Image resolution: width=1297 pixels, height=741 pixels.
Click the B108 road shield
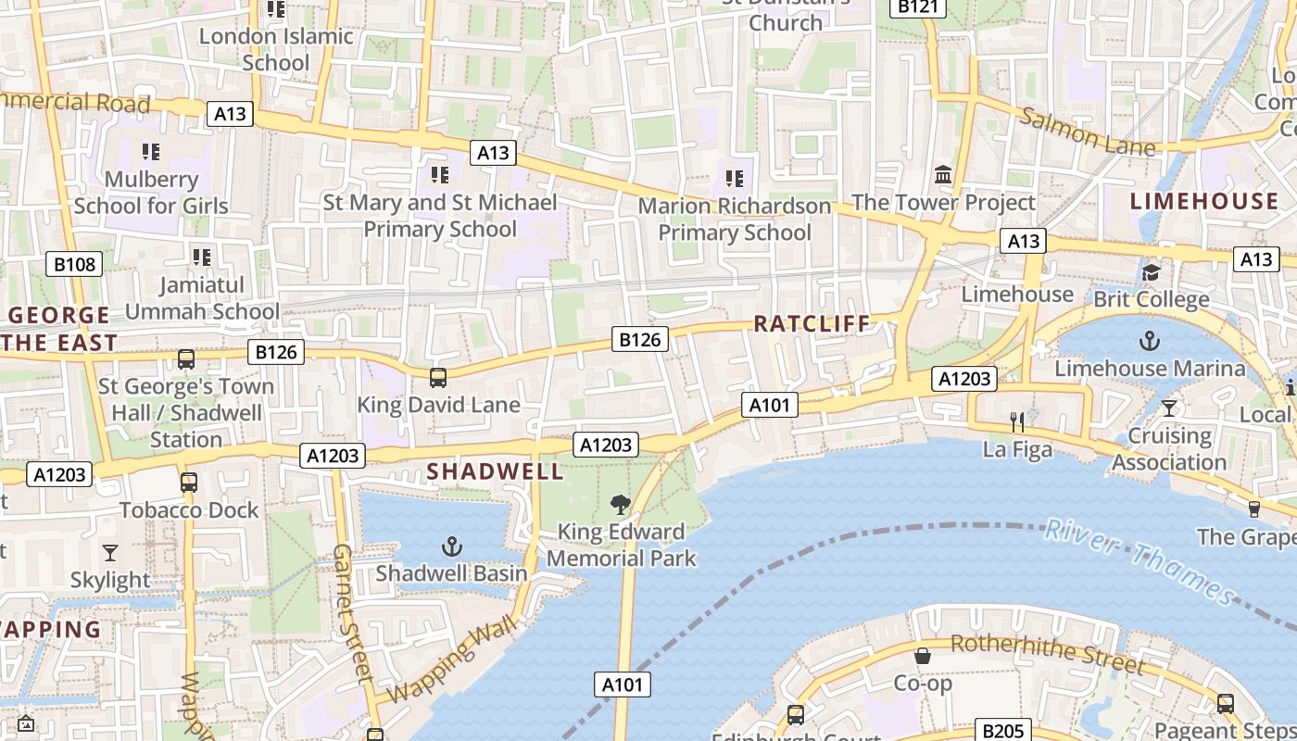coord(74,265)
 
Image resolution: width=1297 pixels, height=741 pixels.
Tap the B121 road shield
coord(918,7)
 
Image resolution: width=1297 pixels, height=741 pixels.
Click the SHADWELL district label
coord(495,471)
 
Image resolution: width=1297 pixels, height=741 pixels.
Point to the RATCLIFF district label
coord(812,323)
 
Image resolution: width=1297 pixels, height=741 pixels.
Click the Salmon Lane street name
coord(1088,132)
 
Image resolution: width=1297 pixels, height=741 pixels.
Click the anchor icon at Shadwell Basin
coord(452,546)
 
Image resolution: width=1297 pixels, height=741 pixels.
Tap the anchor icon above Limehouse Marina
coord(1149,340)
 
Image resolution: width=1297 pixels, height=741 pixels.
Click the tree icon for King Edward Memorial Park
coord(621,505)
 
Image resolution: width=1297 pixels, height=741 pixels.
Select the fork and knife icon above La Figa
coord(1017,422)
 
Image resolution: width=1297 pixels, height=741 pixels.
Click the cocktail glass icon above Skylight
coord(110,553)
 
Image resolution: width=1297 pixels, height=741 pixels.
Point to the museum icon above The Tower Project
coord(943,174)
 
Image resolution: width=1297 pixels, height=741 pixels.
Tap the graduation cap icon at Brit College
coord(1151,272)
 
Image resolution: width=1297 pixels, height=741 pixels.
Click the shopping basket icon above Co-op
coord(923,656)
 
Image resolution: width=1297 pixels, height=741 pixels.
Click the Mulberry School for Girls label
coord(151,192)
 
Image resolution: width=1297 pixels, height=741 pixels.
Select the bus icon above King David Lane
coord(438,378)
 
